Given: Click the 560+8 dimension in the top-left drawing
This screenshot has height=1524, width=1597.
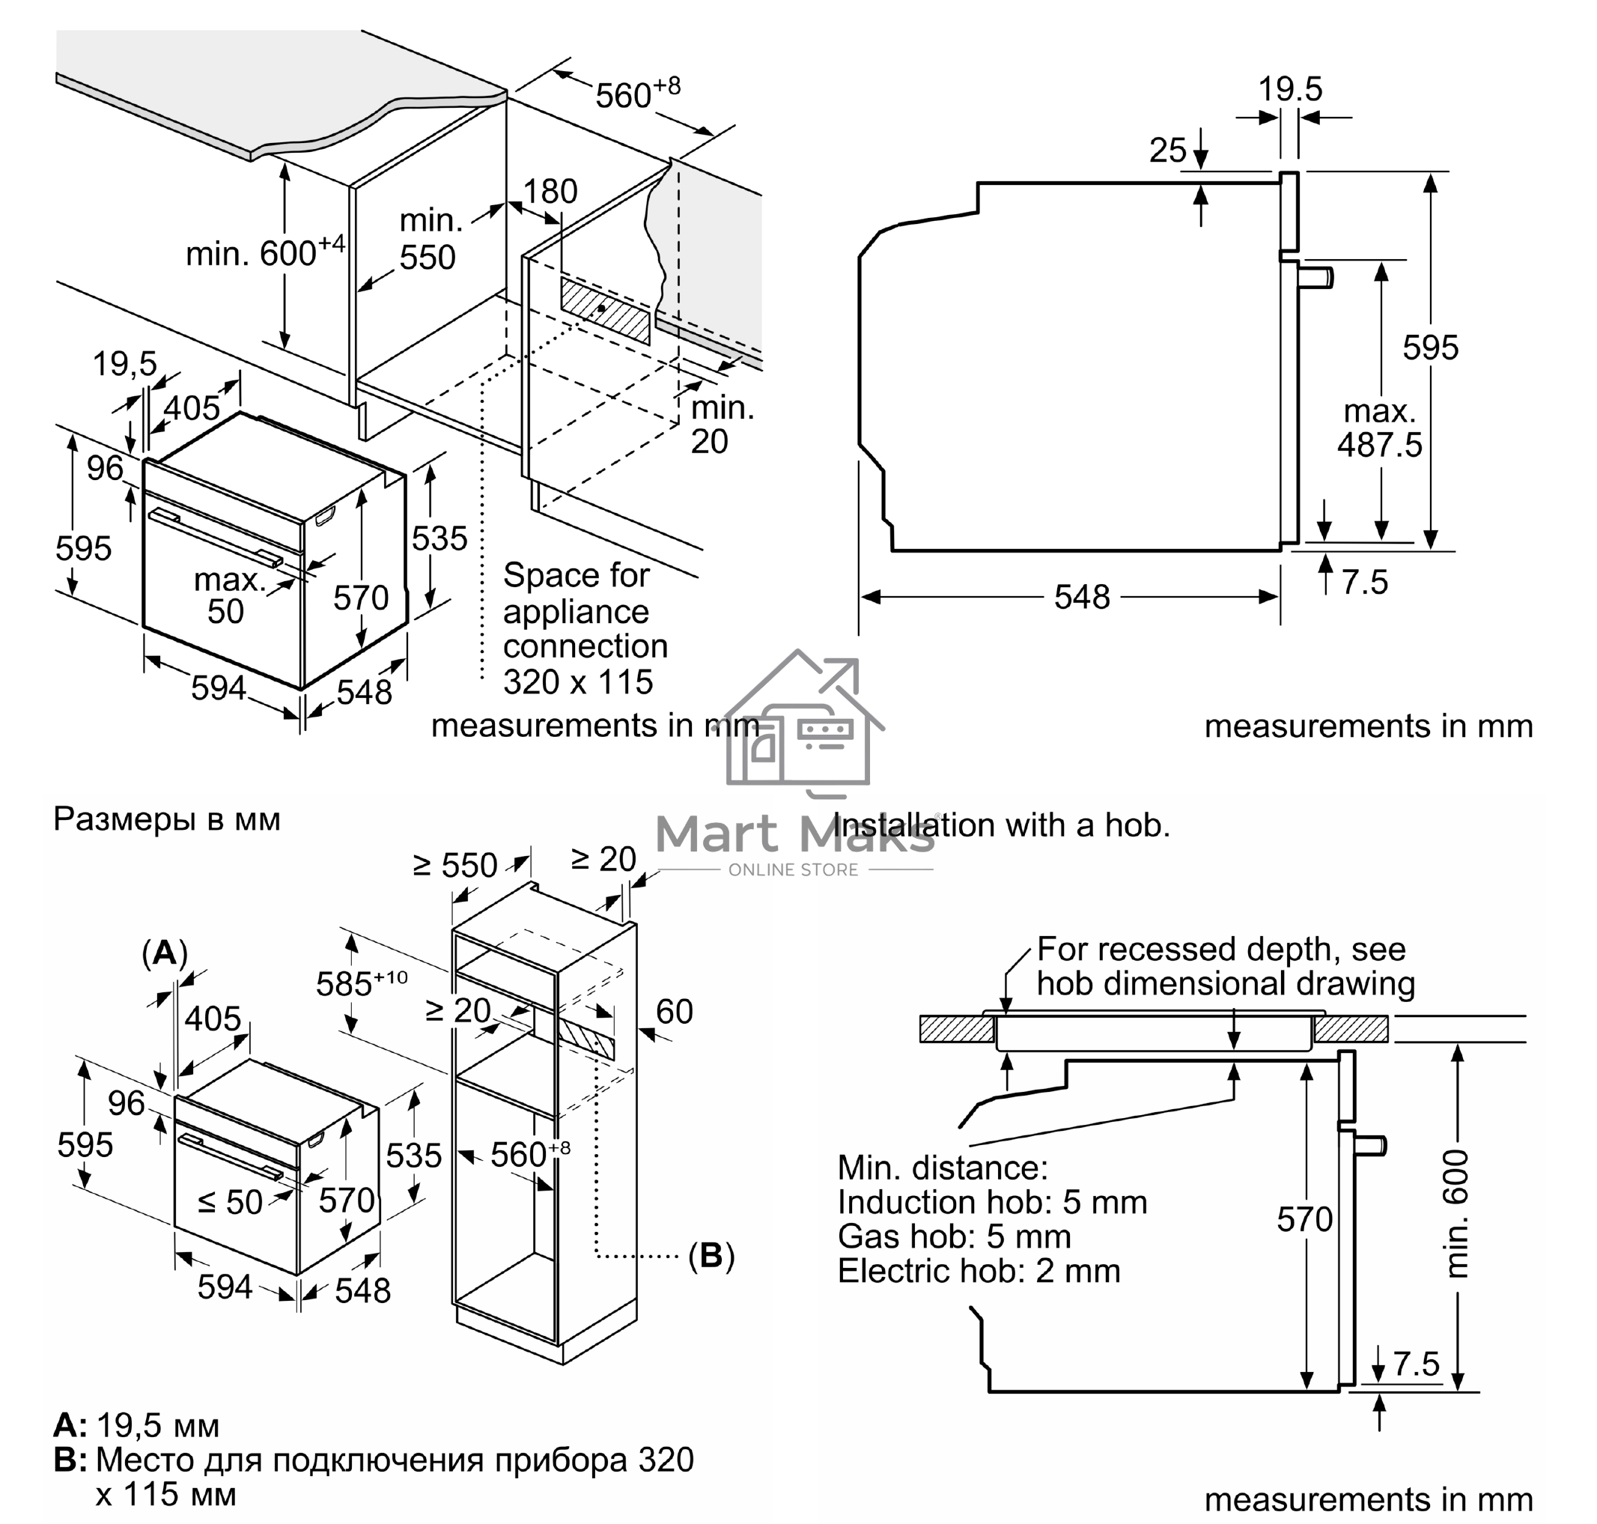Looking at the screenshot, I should (637, 94).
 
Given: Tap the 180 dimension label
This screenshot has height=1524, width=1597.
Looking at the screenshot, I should (550, 192).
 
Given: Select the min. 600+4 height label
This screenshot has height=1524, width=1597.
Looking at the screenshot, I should (265, 252).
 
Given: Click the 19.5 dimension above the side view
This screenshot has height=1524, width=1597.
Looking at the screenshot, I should (1290, 88).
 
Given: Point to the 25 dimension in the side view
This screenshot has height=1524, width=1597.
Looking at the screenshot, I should (1168, 151).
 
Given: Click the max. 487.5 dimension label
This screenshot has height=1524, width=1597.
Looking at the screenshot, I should (1379, 428).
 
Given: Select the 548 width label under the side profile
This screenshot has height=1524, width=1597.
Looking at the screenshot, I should (1081, 597).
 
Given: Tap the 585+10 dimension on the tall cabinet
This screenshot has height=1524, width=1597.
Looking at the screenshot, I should (361, 983).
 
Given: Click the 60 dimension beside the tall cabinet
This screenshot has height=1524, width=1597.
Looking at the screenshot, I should (675, 1012).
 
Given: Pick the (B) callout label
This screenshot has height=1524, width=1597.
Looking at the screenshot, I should (711, 1255).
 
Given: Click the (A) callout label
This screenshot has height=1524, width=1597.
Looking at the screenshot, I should (165, 952).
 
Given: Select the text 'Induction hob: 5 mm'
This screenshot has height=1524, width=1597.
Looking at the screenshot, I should (992, 1201).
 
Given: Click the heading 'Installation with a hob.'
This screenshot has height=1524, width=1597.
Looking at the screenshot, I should (1001, 825).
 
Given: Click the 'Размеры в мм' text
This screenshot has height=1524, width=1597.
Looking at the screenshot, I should (166, 819).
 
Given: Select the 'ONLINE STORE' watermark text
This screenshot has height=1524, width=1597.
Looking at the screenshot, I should (793, 870).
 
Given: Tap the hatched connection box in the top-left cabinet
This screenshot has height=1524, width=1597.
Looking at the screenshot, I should (605, 309).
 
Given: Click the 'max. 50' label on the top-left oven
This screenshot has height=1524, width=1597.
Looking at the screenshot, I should (228, 595).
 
